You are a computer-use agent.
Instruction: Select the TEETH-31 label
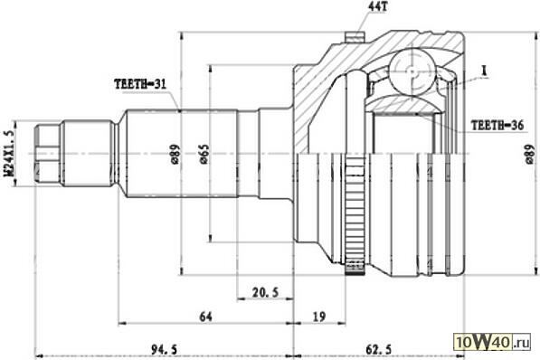140,84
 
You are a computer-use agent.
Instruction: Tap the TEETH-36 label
497,126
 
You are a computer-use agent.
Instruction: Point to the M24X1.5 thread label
10,154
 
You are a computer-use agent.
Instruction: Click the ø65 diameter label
204,154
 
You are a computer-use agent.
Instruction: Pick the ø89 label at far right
531,154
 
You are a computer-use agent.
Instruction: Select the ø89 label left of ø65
175,154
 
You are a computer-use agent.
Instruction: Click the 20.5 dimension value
265,292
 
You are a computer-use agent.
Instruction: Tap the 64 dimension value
205,317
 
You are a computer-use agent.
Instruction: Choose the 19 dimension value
319,317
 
